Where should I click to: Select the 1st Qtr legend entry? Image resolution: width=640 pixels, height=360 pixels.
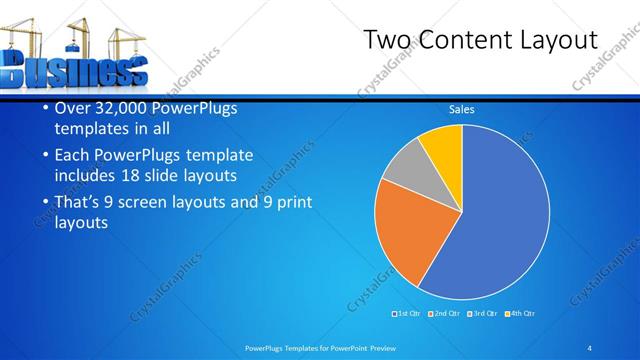point(407,314)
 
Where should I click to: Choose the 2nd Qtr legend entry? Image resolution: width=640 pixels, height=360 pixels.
point(445,314)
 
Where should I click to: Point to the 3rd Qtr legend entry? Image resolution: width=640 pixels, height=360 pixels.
point(484,314)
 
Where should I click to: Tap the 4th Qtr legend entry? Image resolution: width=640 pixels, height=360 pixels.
point(523,314)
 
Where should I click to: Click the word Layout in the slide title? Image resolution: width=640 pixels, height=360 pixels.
point(559,41)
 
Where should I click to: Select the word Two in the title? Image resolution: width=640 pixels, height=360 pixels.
point(386,41)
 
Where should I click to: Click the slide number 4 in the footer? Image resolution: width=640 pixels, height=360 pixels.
point(590,348)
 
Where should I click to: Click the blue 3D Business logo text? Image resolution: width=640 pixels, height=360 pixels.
point(75,72)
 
